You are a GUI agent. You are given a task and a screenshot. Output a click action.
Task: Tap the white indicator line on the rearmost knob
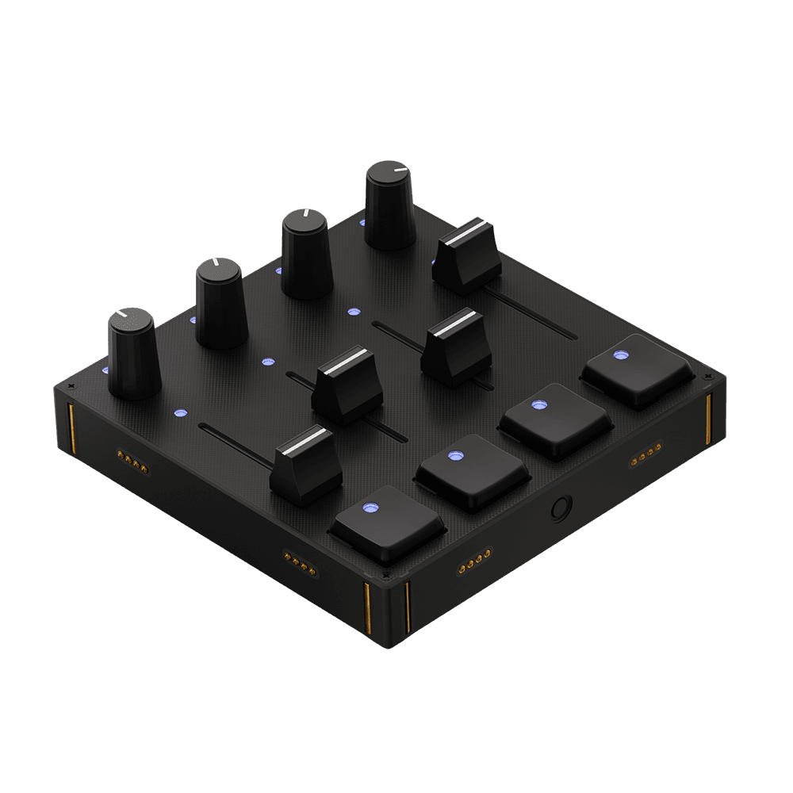coord(398,170)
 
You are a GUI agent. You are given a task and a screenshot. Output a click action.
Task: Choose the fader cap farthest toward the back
coord(467,258)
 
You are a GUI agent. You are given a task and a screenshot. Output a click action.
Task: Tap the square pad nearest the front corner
coord(388,524)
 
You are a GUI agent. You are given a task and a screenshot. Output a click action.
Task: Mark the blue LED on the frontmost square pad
coord(370,508)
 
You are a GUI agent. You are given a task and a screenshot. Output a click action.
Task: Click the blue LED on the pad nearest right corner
coord(621,355)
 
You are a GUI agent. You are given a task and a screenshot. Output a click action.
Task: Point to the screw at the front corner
coord(386,574)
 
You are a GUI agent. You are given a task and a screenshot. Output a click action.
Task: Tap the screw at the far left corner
coord(71,386)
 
